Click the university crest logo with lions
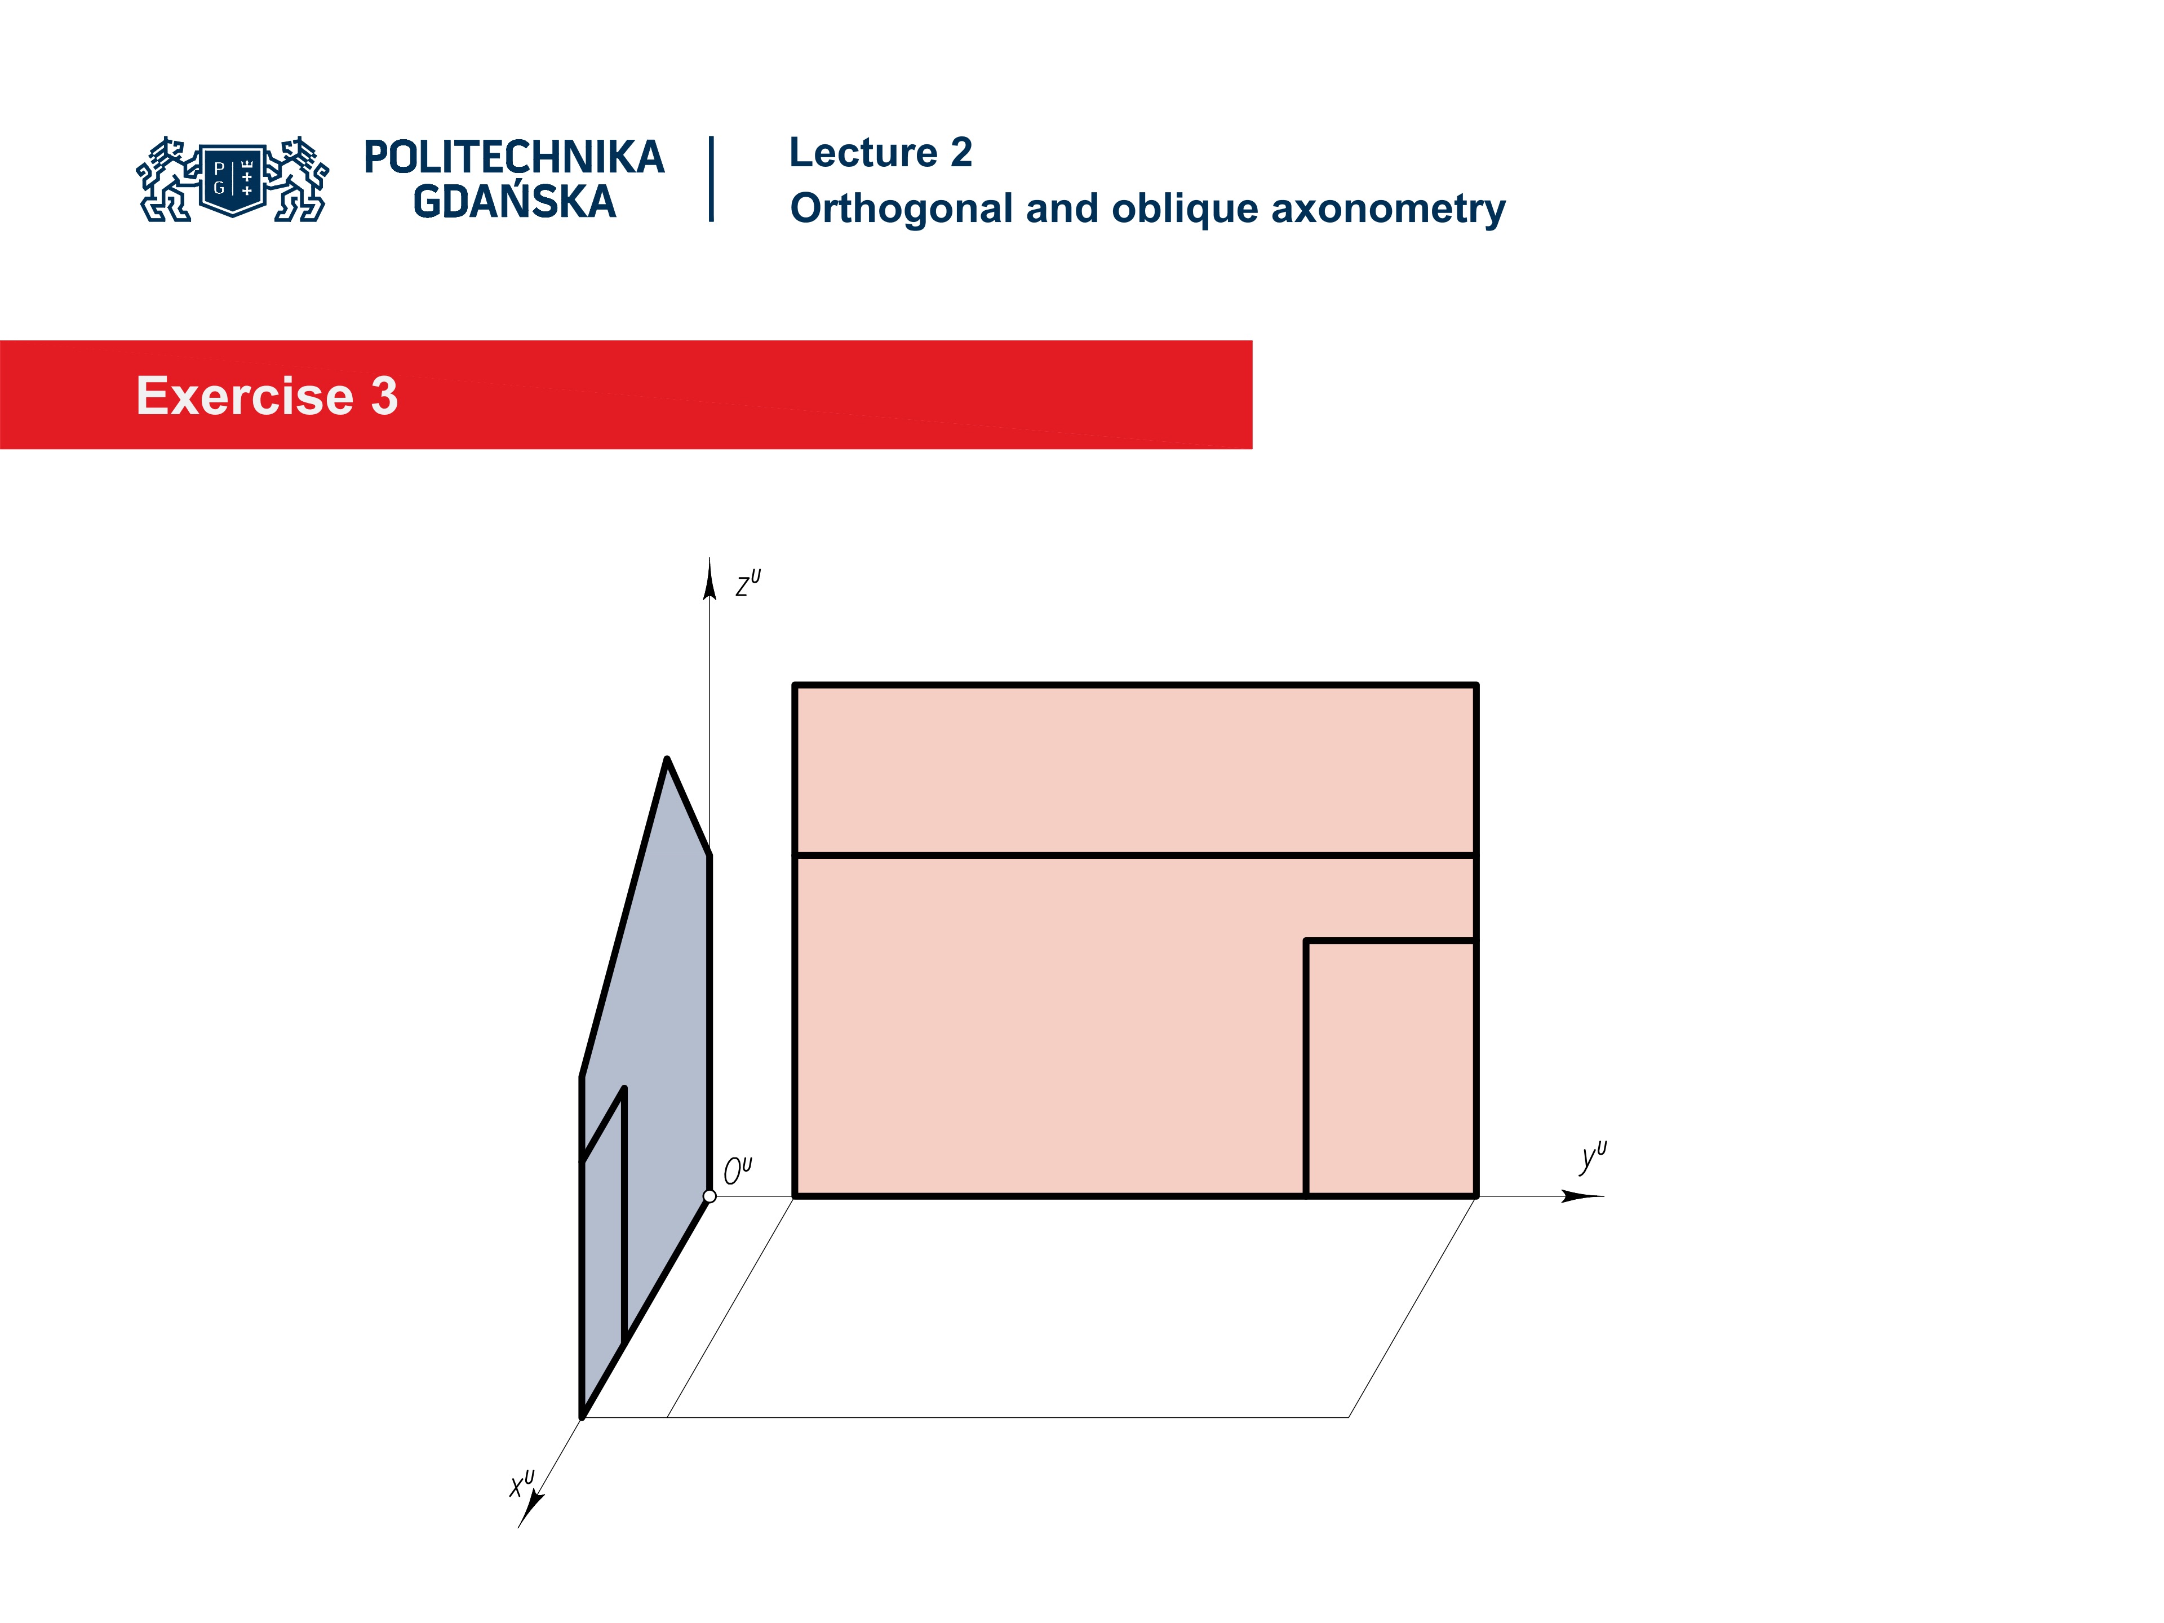tap(233, 179)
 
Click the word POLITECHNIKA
tap(513, 157)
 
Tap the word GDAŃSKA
tap(513, 202)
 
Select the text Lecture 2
tap(880, 153)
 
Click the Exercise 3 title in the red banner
tap(267, 396)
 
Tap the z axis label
tap(747, 584)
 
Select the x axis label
tap(521, 1483)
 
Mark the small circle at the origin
tap(709, 1195)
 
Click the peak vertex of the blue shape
tap(667, 760)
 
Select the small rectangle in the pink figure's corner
tap(1390, 1067)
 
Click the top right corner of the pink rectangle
tap(1475, 686)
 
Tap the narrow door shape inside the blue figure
tap(602, 1262)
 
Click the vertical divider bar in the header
tap(711, 179)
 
